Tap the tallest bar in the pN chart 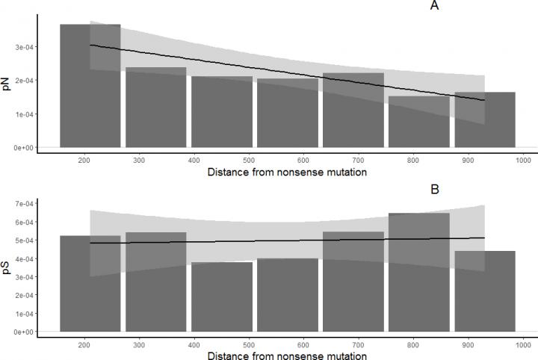pos(90,86)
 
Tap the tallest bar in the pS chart pos(419,272)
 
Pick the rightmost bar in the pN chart pos(485,120)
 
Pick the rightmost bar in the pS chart pos(485,291)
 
